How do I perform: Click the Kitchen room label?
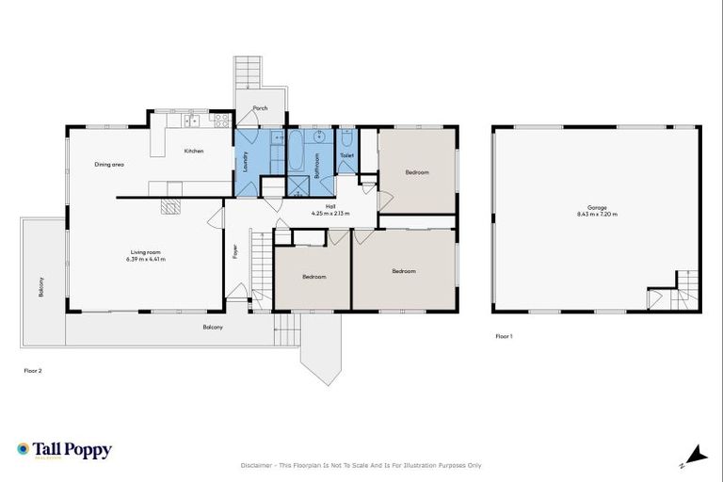click(194, 151)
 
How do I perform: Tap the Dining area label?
click(109, 165)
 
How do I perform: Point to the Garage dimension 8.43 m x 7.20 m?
click(597, 214)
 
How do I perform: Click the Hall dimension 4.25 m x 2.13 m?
click(330, 214)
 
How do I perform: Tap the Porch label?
click(260, 108)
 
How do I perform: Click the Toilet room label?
click(346, 155)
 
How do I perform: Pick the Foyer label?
click(235, 251)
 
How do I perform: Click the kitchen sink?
click(191, 120)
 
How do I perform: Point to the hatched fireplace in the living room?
click(170, 207)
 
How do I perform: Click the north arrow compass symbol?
click(696, 455)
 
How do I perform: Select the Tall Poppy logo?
click(64, 450)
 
